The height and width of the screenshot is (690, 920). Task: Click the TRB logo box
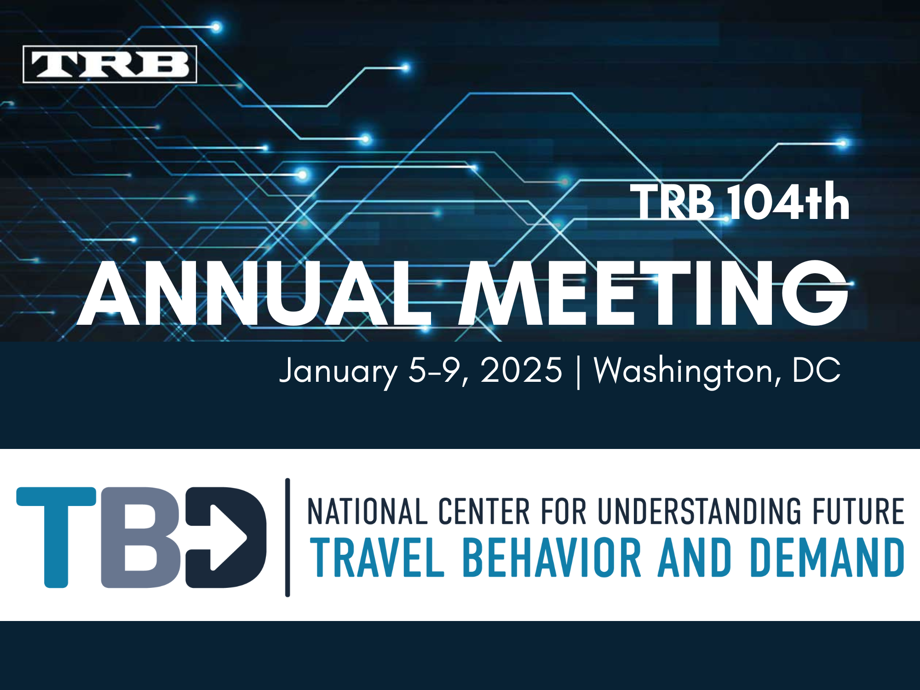(110, 64)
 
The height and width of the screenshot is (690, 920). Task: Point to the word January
(338, 371)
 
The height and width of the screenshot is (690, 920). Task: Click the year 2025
(521, 370)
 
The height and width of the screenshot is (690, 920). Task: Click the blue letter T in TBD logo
(57, 536)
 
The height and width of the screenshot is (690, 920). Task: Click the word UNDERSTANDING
(699, 512)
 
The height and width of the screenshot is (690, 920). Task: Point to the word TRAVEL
(377, 558)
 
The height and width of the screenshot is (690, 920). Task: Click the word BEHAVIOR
(552, 558)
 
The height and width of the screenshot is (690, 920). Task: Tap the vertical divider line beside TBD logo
(287, 537)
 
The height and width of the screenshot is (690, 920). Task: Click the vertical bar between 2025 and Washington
(578, 372)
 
